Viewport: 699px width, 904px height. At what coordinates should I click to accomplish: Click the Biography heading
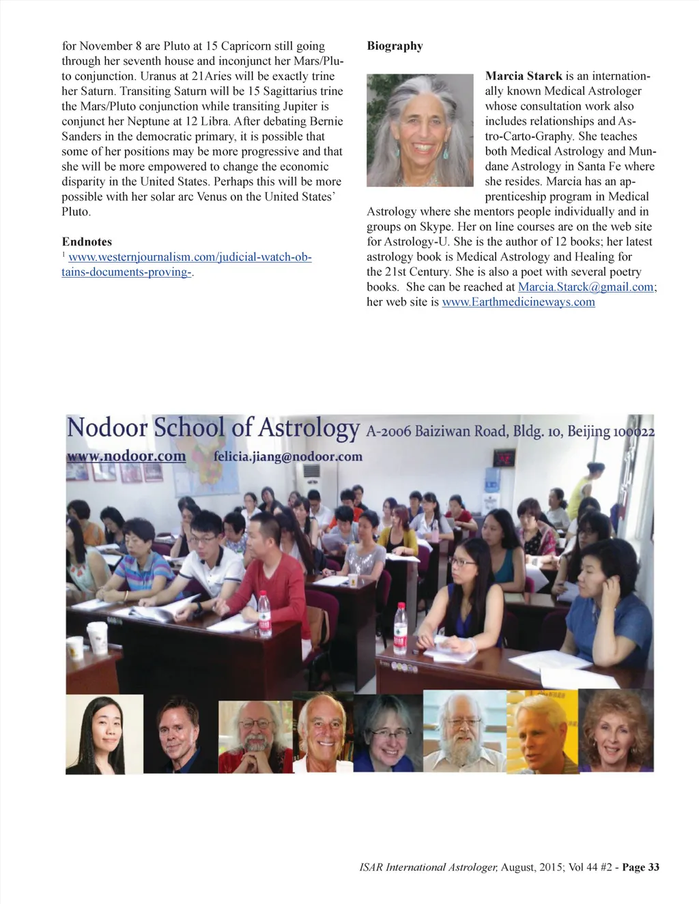pos(395,46)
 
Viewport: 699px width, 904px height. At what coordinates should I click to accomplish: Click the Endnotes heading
pos(87,242)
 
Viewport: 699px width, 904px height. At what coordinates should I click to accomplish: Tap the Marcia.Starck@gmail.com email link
pos(586,287)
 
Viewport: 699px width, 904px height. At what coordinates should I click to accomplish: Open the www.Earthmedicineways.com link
pos(518,302)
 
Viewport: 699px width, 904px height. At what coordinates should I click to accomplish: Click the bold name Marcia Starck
pos(524,76)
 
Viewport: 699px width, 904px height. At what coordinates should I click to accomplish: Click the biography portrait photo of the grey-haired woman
pos(420,130)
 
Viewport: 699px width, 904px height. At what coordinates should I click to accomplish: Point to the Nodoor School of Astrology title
pos(213,428)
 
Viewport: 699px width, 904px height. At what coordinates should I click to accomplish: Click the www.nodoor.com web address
pos(126,456)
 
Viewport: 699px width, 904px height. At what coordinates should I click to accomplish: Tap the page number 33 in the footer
pos(653,867)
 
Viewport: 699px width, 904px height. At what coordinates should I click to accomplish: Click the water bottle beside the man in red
pos(263,614)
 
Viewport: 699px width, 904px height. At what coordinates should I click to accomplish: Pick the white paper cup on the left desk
pos(98,638)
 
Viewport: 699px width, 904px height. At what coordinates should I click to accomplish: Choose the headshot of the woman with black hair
pos(104,734)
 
